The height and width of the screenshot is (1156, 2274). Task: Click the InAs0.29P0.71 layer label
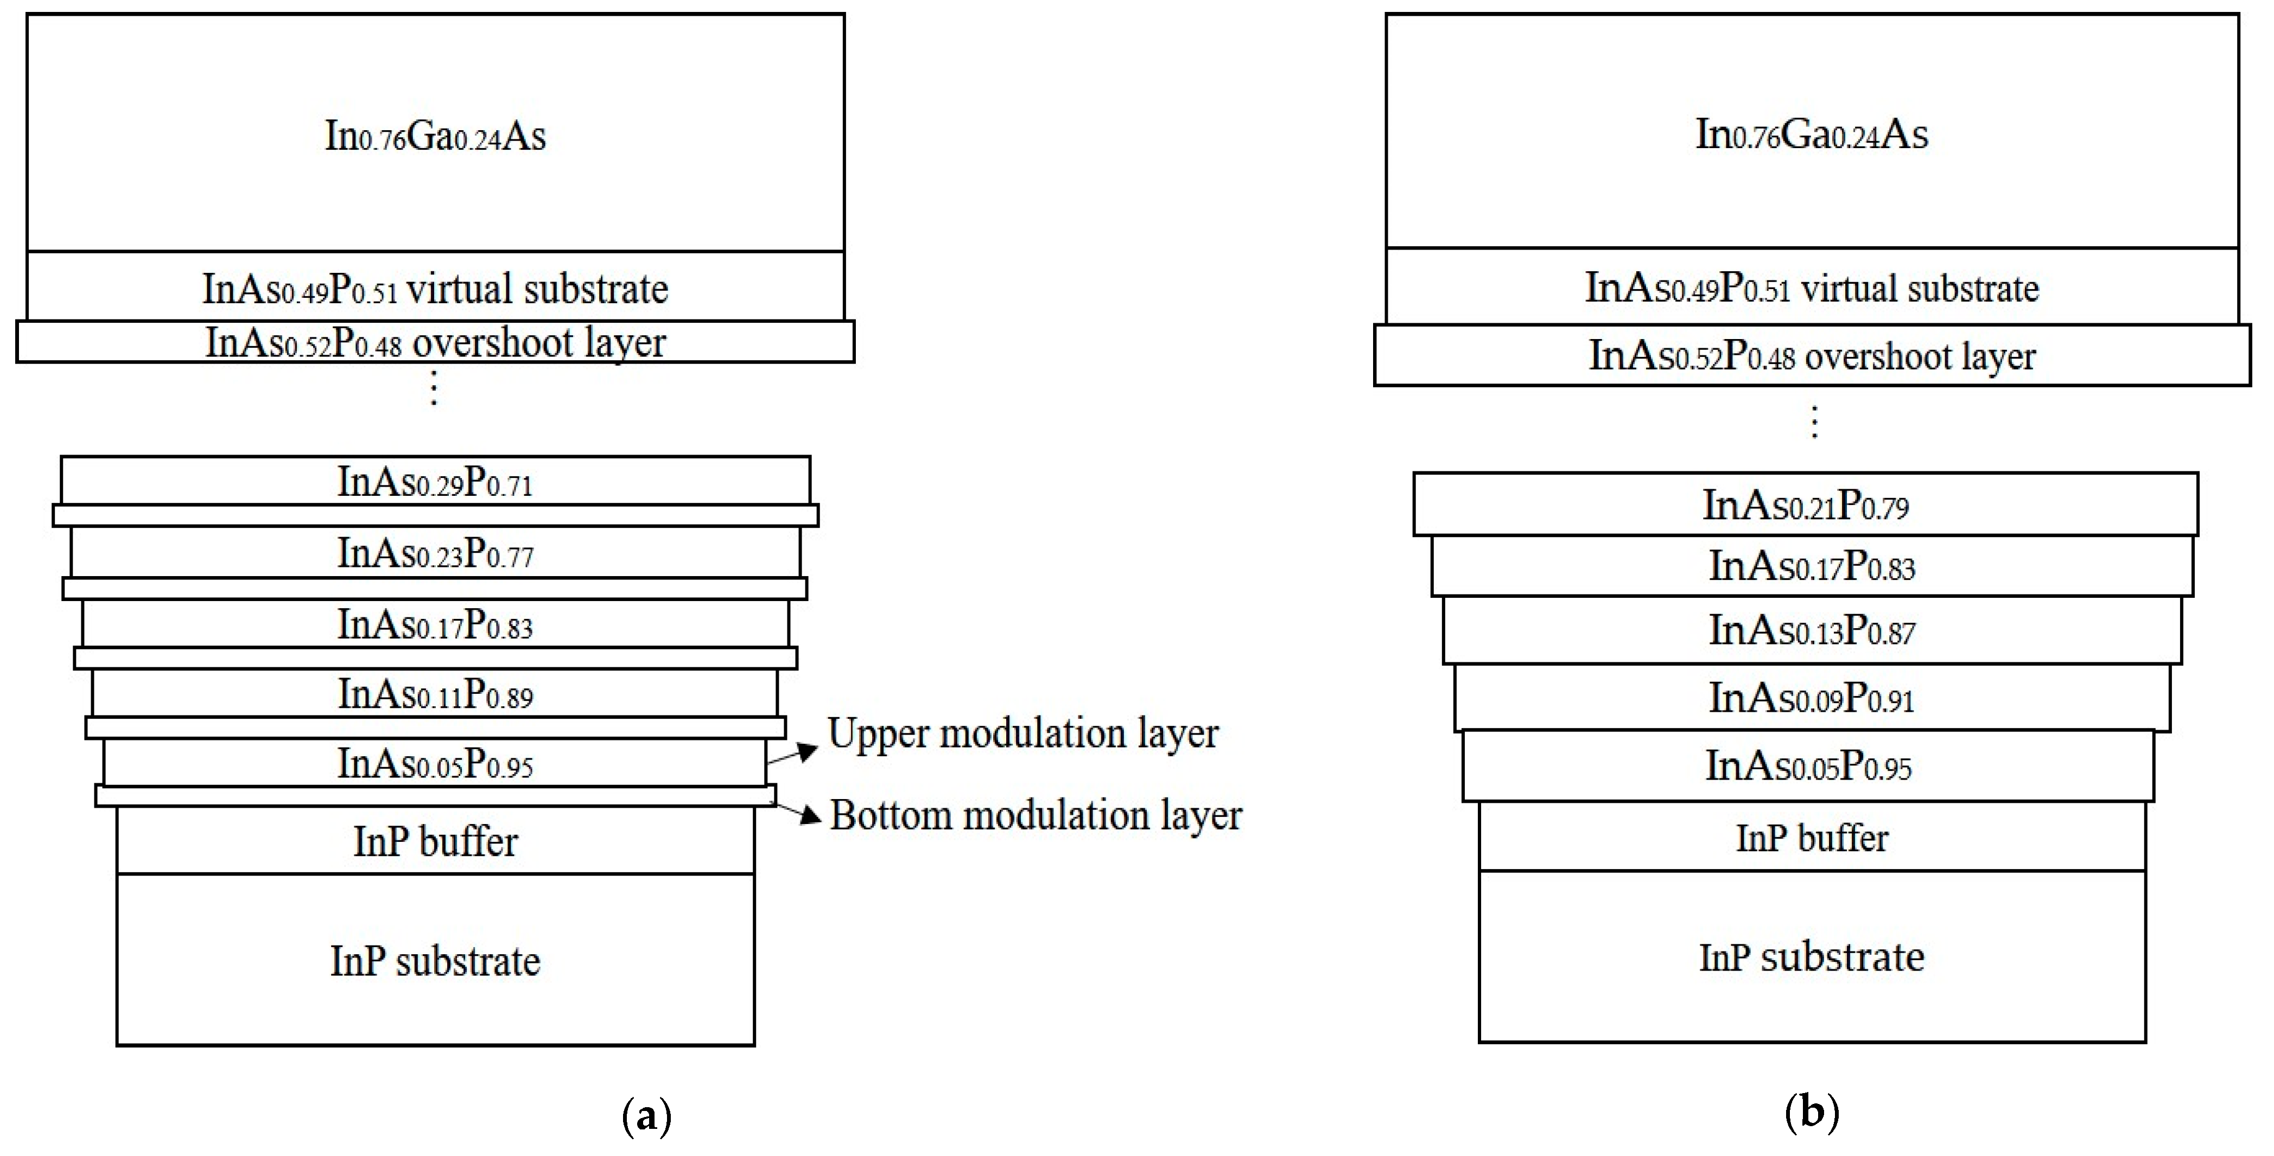435,482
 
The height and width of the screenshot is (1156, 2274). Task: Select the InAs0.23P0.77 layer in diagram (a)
435,553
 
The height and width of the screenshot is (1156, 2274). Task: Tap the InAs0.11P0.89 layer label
435,694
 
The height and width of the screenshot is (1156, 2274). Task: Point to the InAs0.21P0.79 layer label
1805,506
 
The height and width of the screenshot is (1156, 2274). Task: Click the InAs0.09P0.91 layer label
1812,698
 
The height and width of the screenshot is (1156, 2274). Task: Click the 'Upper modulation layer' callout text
1022,733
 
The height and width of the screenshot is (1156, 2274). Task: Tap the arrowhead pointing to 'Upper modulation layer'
808,751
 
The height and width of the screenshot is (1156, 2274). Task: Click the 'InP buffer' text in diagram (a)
435,841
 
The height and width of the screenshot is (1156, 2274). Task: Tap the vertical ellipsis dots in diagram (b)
1814,422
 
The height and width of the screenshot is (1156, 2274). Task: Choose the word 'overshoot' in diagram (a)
492,342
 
